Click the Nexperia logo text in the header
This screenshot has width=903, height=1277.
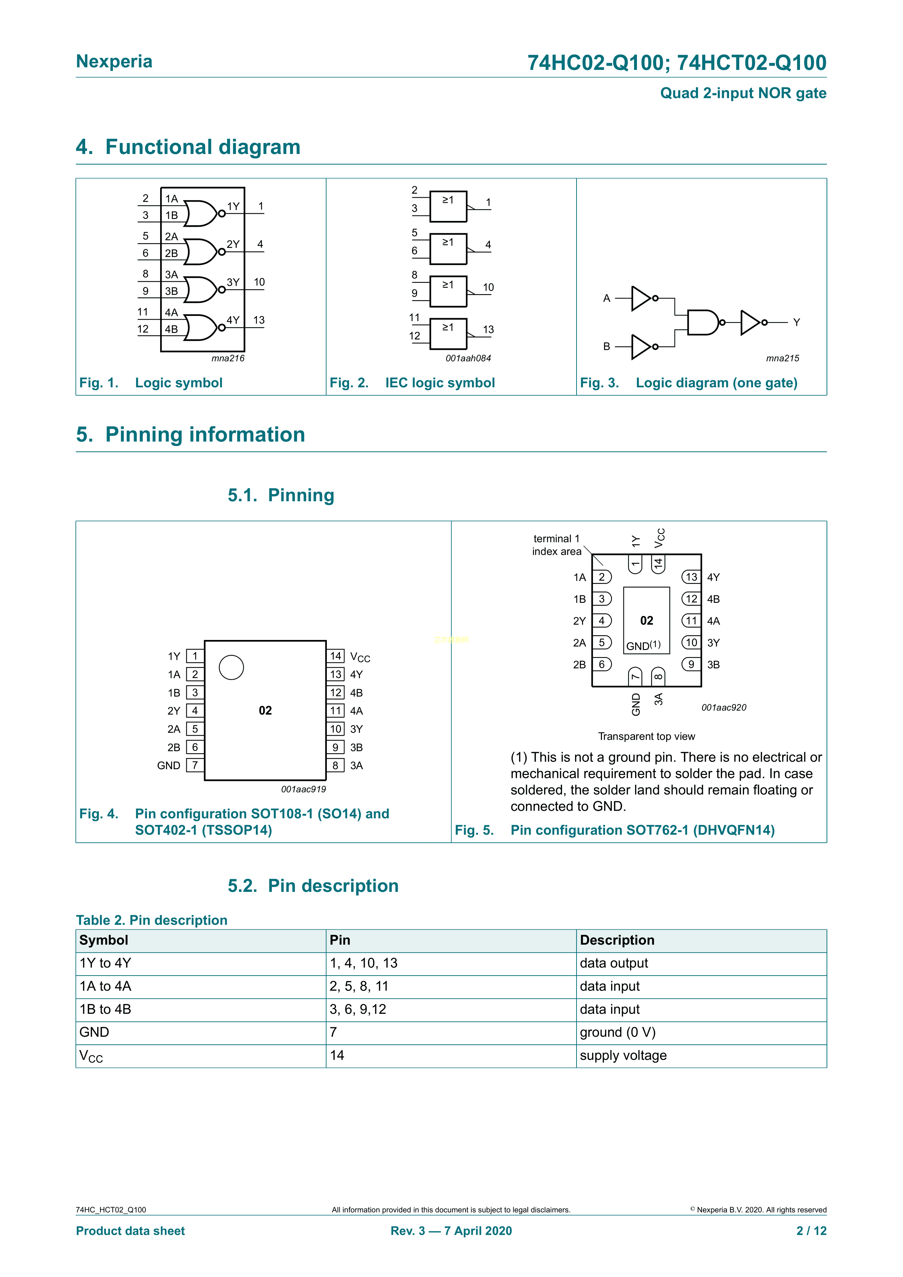click(114, 61)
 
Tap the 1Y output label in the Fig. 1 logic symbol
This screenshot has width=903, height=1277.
click(233, 206)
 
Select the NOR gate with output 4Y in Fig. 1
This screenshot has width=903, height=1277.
click(201, 328)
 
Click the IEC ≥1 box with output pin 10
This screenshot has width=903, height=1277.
click(448, 292)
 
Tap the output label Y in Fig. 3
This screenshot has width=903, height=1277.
click(796, 323)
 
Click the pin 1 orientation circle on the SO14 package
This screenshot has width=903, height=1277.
click(231, 667)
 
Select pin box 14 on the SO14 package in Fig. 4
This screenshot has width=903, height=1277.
click(335, 656)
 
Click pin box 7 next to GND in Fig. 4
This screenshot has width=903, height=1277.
click(195, 765)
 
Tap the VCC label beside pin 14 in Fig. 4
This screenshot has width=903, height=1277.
click(360, 657)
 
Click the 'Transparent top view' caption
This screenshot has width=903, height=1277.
click(646, 736)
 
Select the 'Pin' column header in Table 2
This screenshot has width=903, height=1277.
click(340, 940)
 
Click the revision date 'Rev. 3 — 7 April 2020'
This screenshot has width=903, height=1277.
click(451, 1231)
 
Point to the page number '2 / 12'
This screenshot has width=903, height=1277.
click(811, 1231)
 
